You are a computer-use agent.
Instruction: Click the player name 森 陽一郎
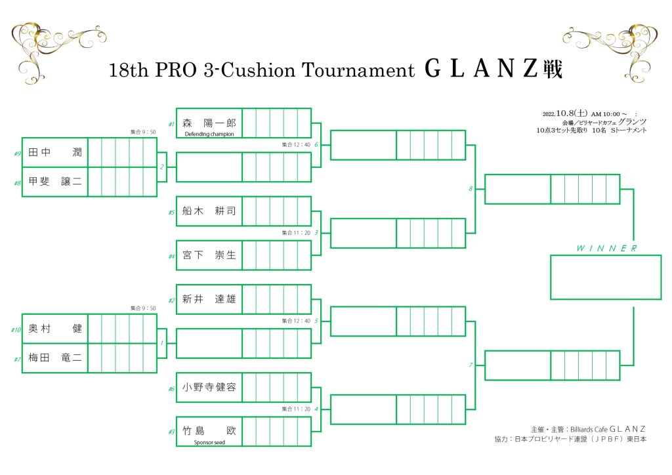point(209,122)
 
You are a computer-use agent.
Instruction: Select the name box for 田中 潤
point(54,152)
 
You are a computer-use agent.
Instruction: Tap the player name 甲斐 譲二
point(54,182)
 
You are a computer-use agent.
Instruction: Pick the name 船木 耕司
point(209,211)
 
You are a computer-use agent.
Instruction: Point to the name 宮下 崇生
point(209,255)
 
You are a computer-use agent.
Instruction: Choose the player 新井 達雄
point(209,299)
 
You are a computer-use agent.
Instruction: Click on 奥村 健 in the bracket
point(54,329)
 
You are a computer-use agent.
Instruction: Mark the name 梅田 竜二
point(54,358)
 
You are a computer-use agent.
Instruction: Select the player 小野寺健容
point(209,387)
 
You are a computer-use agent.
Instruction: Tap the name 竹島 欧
point(209,430)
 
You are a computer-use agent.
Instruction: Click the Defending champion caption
point(209,134)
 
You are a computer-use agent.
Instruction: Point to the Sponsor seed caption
point(209,442)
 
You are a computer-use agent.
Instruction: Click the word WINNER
point(606,248)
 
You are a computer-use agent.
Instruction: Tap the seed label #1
point(171,123)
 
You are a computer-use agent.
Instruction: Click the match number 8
point(471,189)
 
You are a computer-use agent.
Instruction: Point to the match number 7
point(471,365)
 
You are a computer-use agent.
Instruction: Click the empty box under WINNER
point(606,277)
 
